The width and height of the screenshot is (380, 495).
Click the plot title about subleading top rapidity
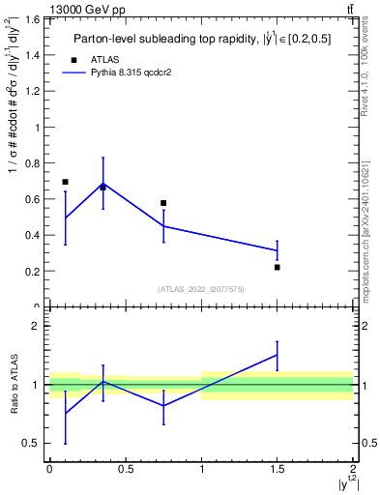point(200,39)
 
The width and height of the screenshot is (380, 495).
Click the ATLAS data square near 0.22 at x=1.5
point(278,267)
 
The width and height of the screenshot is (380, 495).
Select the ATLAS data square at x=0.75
point(163,203)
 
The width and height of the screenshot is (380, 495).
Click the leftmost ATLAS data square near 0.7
point(65,182)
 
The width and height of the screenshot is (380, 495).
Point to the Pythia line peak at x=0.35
point(102,184)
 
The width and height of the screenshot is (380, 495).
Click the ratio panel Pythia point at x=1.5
point(278,355)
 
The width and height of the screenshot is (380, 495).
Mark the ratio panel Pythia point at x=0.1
point(65,413)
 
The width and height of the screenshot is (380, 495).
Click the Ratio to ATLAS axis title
point(15,384)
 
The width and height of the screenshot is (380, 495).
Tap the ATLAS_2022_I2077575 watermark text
point(200,289)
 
